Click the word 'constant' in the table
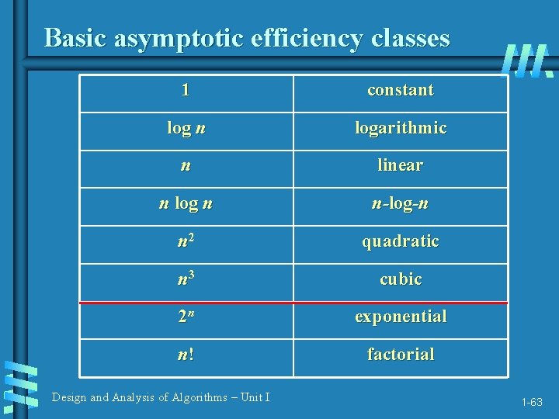(401, 90)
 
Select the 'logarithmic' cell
(401, 128)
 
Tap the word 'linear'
(401, 165)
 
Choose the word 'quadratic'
(401, 241)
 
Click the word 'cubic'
(401, 279)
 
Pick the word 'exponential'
(401, 317)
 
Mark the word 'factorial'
(401, 355)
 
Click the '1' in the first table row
(186, 90)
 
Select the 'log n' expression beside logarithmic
(186, 128)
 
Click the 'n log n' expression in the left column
(186, 204)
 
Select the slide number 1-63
(532, 402)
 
